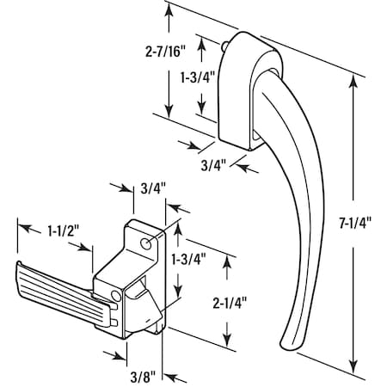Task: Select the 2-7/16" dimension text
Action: pyautogui.click(x=165, y=52)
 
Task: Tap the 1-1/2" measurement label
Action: pyautogui.click(x=63, y=231)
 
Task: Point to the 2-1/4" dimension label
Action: pyautogui.click(x=230, y=303)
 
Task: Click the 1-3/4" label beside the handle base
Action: pyautogui.click(x=198, y=77)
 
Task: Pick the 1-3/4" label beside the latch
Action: pyautogui.click(x=189, y=259)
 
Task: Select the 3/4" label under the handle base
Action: pyautogui.click(x=213, y=165)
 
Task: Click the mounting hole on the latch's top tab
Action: pyautogui.click(x=146, y=243)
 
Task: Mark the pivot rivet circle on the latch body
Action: pyautogui.click(x=116, y=295)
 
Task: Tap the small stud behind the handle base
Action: pyautogui.click(x=224, y=46)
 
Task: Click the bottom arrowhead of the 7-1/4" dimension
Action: pyautogui.click(x=354, y=365)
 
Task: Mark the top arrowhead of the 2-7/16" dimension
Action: pyautogui.click(x=169, y=10)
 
